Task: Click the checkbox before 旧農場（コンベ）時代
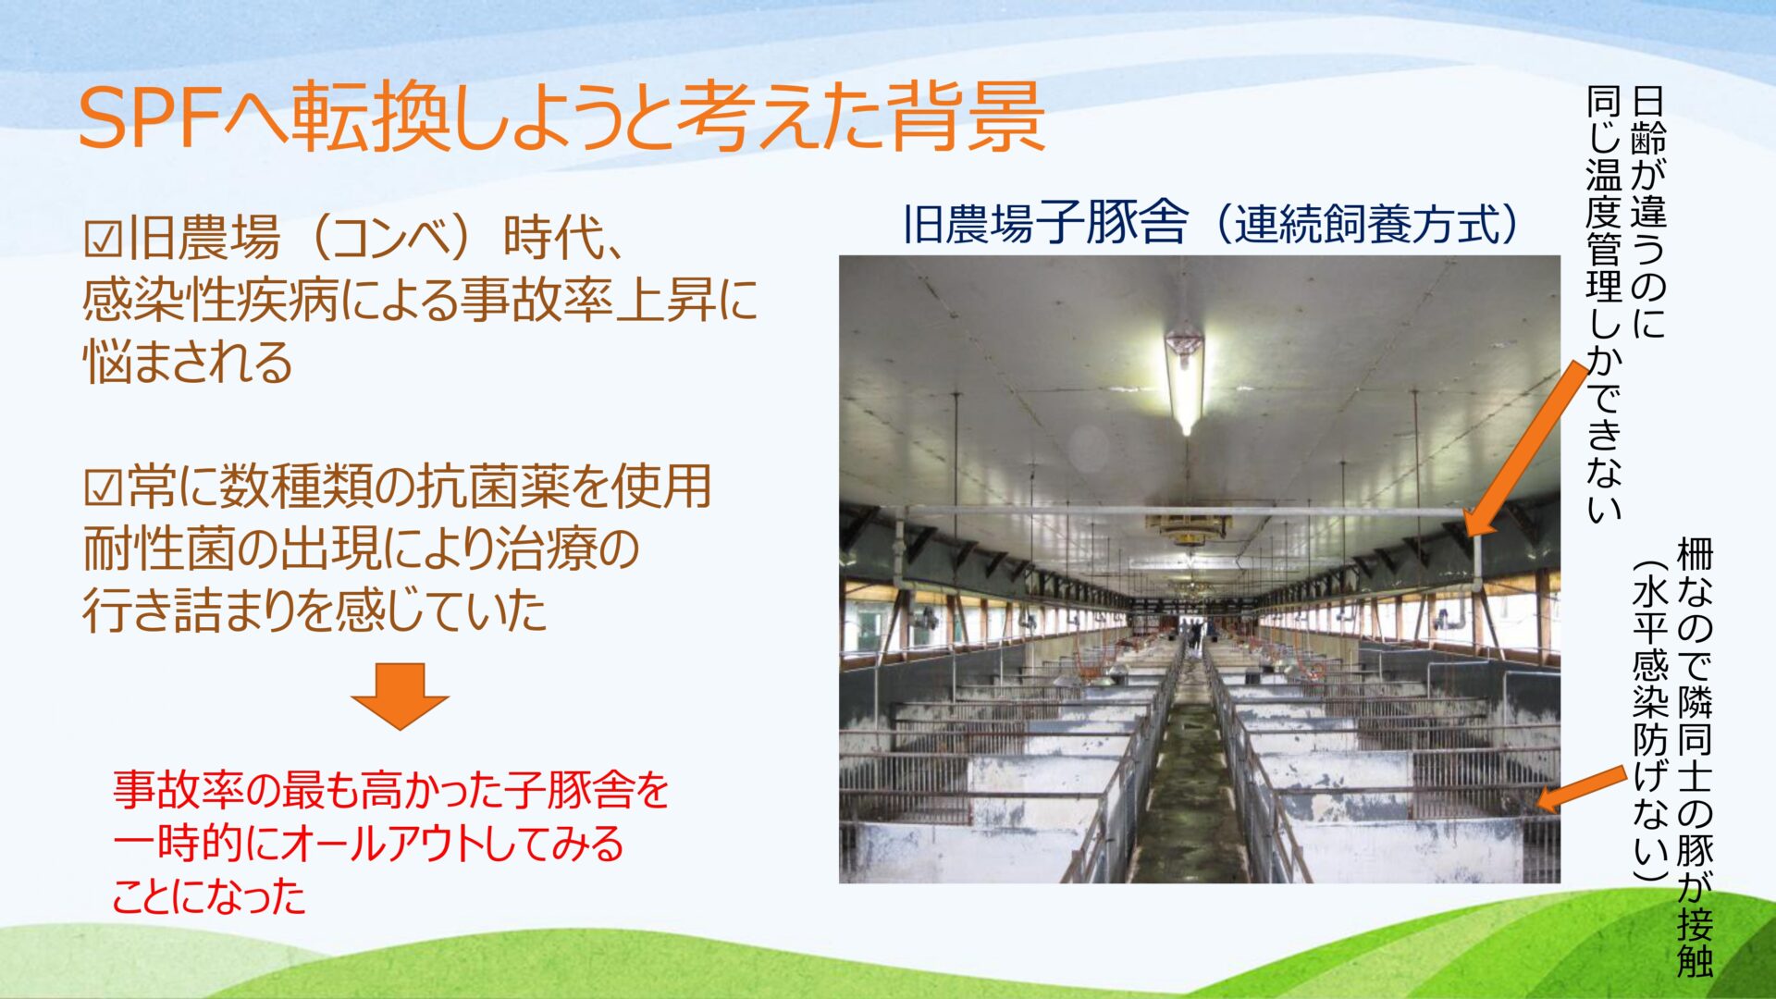click(103, 240)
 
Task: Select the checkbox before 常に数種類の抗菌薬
click(103, 487)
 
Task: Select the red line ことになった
click(209, 895)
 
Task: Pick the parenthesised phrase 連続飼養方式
click(1365, 224)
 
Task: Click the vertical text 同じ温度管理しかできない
click(1605, 305)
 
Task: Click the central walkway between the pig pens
click(1191, 786)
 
